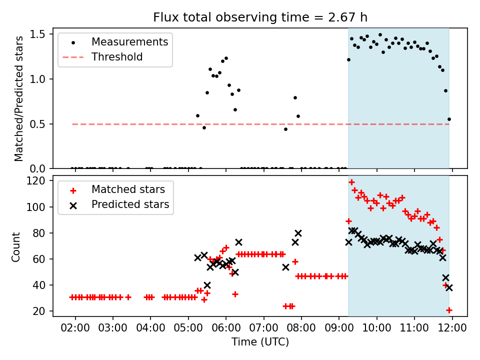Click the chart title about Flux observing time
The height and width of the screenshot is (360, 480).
point(260,18)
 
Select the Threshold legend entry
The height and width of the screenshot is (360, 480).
point(117,57)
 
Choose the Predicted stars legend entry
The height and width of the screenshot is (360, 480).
point(130,204)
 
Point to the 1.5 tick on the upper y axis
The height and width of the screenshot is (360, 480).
point(40,34)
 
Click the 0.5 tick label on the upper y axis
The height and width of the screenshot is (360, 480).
point(40,124)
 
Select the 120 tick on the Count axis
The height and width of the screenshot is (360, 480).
point(37,181)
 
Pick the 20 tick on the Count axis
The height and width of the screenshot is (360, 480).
point(40,311)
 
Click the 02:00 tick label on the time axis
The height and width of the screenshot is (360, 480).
point(75,329)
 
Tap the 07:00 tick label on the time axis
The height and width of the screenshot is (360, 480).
point(263,329)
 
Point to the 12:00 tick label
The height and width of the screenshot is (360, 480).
point(452,329)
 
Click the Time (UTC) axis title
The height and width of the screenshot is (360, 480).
point(260,342)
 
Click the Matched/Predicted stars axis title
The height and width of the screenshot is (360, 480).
point(19,98)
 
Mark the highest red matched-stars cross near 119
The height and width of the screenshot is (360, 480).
point(351,182)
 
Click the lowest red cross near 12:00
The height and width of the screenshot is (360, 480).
point(449,310)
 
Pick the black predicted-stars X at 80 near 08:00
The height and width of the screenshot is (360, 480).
point(298,233)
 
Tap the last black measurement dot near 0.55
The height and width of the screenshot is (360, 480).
point(449,119)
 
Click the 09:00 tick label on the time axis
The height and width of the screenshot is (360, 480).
point(339,329)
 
